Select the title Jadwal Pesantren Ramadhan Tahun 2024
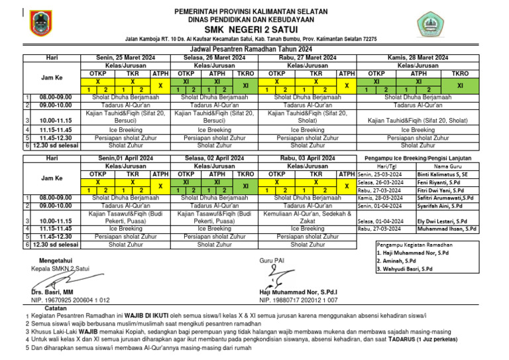255,50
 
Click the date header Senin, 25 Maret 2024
126,58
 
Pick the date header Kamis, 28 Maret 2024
418,58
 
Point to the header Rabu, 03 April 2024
307,159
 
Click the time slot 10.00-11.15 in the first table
56,121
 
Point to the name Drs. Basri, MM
52,292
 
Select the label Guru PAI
272,261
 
